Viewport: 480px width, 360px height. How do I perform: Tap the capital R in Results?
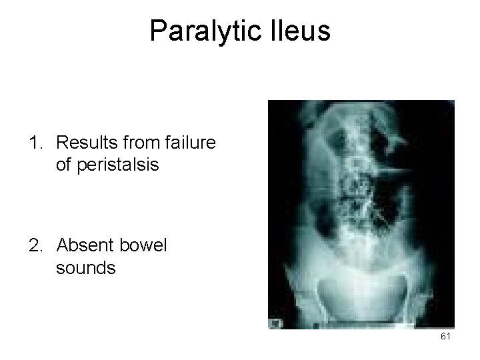62,143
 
